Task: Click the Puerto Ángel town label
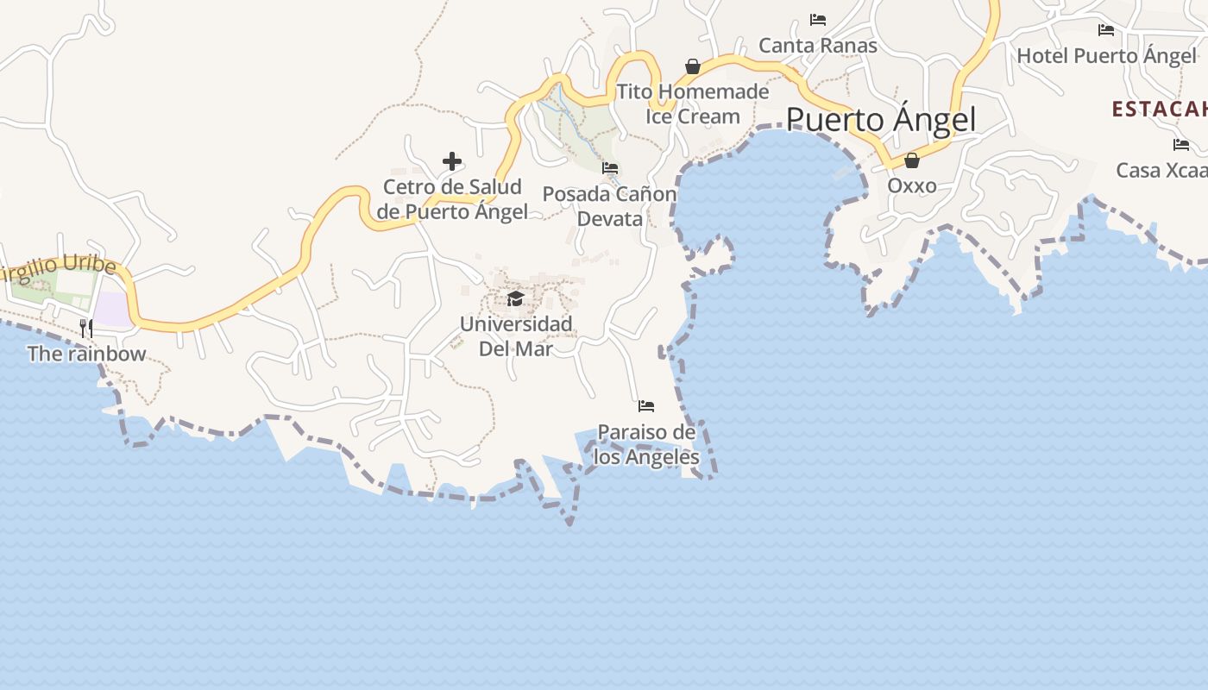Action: click(x=880, y=119)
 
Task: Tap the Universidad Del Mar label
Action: click(x=515, y=336)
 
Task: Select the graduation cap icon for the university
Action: click(x=516, y=298)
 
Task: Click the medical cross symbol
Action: click(x=451, y=161)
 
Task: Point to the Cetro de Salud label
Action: click(x=452, y=199)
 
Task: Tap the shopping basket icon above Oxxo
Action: click(x=911, y=160)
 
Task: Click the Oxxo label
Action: click(x=911, y=185)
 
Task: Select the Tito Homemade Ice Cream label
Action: click(x=693, y=103)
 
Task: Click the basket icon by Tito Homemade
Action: click(x=692, y=66)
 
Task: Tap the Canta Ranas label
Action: click(x=817, y=46)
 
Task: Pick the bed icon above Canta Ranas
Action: click(x=817, y=19)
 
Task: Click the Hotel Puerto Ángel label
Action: click(x=1106, y=56)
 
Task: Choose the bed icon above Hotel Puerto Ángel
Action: click(x=1105, y=30)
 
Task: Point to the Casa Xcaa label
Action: click(x=1161, y=170)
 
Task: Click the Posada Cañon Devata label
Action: click(x=609, y=206)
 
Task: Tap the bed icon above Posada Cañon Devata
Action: click(x=610, y=168)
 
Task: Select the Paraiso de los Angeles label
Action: click(x=646, y=444)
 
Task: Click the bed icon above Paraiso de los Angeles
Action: click(x=645, y=405)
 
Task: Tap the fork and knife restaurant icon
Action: click(x=86, y=328)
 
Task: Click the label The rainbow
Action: click(x=86, y=354)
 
